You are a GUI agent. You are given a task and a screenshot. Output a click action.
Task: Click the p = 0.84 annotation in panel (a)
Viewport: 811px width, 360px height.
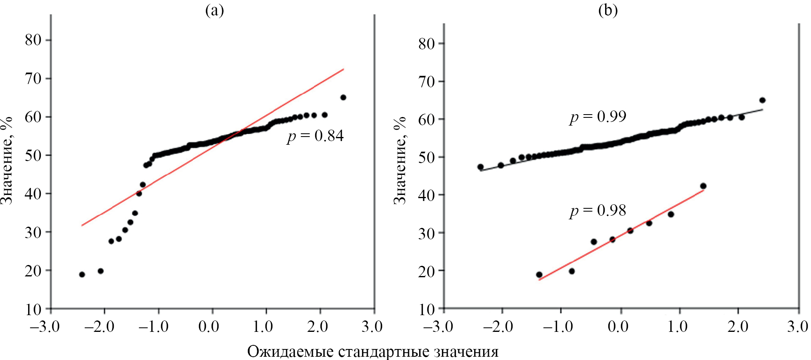315,136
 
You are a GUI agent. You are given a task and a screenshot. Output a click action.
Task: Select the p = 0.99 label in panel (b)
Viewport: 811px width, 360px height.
598,117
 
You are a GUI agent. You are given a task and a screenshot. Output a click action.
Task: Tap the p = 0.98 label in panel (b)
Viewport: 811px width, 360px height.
598,211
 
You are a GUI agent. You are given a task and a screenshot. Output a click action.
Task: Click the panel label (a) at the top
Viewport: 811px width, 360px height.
214,10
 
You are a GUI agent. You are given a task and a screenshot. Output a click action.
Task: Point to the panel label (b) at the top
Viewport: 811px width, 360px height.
608,10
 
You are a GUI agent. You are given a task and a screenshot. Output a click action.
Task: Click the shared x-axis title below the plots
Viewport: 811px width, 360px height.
373,351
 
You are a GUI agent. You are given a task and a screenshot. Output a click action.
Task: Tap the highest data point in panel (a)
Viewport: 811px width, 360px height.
343,97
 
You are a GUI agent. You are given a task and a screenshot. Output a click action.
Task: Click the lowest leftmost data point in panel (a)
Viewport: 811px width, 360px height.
82,274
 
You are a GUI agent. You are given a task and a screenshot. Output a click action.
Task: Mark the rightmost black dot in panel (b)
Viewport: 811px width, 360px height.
762,100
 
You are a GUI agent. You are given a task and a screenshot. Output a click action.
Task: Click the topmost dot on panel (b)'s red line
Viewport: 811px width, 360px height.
703,186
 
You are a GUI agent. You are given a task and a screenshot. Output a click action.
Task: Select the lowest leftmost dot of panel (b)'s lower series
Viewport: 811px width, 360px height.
539,274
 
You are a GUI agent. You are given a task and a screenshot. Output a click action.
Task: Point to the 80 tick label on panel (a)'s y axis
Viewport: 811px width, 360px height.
33,40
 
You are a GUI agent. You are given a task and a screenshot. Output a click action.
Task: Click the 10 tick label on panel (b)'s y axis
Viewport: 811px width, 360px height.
426,309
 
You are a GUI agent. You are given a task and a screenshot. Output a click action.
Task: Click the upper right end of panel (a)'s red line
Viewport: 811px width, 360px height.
344,69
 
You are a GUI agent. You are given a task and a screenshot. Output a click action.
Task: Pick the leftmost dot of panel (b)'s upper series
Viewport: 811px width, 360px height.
480,167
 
